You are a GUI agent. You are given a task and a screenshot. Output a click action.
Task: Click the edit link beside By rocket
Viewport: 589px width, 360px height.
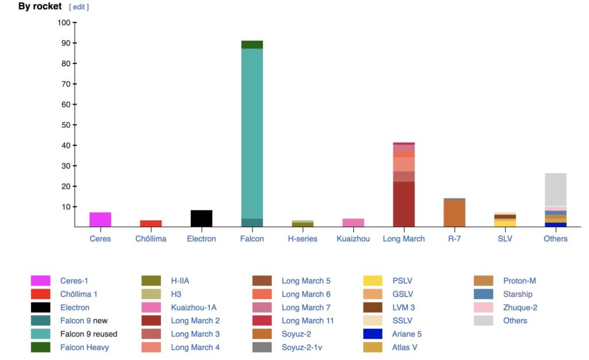click(79, 7)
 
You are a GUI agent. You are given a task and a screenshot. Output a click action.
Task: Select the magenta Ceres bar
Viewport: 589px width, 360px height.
click(100, 220)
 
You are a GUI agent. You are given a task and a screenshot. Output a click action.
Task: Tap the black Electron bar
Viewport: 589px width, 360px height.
click(201, 219)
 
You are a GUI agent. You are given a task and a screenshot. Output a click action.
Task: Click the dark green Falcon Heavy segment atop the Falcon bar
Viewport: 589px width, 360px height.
click(252, 45)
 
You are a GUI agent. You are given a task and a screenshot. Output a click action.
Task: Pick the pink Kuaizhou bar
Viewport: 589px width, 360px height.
click(353, 223)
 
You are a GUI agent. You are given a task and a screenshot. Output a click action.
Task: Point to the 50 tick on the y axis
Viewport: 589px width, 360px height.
click(74, 125)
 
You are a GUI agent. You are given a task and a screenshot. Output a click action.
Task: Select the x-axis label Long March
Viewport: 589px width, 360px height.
click(404, 239)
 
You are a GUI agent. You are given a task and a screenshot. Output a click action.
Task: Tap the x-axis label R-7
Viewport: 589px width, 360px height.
click(454, 239)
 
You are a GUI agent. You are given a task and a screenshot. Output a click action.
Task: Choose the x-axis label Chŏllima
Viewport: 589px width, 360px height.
click(151, 239)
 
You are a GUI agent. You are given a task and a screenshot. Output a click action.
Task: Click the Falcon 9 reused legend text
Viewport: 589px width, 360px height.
click(89, 334)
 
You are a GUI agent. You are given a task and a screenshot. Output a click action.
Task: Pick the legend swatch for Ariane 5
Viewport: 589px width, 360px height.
click(373, 334)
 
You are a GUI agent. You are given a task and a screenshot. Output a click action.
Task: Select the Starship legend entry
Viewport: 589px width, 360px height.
click(518, 294)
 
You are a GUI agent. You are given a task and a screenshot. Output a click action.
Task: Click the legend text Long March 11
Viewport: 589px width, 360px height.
click(307, 321)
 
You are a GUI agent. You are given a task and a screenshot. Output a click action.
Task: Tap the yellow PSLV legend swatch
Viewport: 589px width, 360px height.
click(373, 281)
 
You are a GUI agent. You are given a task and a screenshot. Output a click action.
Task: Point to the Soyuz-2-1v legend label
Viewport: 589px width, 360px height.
click(305, 347)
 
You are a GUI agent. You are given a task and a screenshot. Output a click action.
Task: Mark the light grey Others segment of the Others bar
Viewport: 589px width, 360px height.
click(556, 190)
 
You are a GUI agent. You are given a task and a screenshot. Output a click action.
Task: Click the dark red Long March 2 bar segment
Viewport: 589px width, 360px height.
click(404, 204)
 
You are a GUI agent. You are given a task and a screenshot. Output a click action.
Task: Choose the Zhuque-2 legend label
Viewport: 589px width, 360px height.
click(520, 308)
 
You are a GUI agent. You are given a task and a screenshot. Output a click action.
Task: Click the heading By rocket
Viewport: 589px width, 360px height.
click(40, 6)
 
